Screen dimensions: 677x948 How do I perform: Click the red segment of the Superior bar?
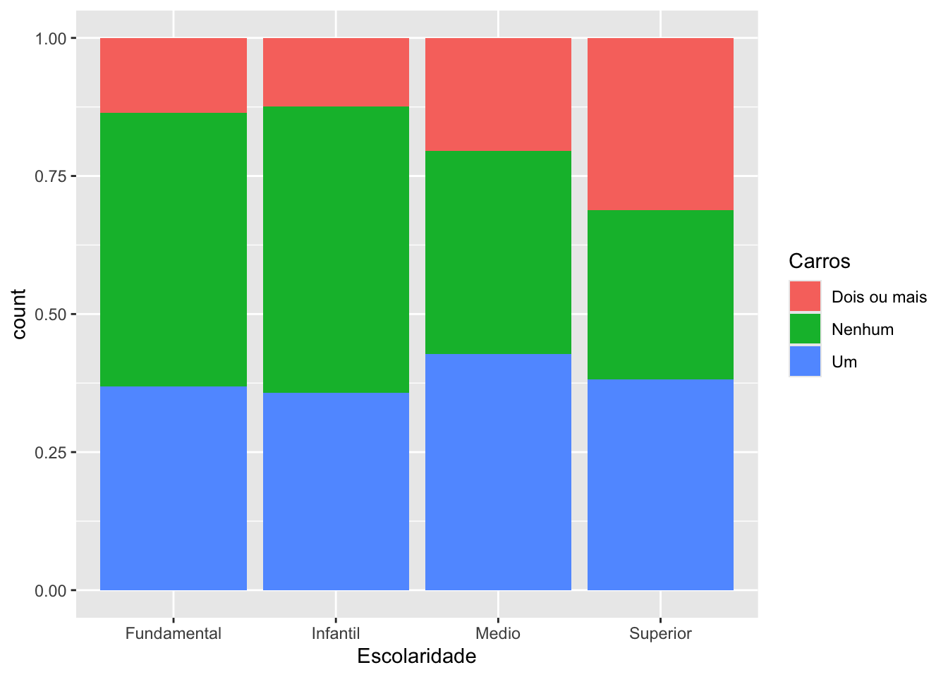[x=660, y=123]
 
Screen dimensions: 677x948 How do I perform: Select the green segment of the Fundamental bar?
[x=174, y=249]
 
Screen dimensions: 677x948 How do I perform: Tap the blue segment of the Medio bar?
[x=498, y=471]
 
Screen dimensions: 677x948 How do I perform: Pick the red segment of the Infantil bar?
[x=336, y=72]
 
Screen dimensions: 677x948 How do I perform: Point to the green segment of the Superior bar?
[x=660, y=294]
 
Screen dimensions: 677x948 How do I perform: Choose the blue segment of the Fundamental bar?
[x=174, y=488]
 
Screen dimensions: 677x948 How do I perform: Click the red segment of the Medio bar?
[x=498, y=94]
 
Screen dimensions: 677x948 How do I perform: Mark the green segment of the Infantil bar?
[x=336, y=250]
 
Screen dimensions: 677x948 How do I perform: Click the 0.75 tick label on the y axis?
[x=51, y=176]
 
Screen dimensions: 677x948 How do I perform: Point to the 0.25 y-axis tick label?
[x=51, y=452]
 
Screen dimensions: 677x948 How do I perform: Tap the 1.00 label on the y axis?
[x=51, y=38]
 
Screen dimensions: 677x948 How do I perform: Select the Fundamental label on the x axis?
[x=174, y=633]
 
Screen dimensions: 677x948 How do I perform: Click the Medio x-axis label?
[x=498, y=633]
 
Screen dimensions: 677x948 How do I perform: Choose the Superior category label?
[x=660, y=633]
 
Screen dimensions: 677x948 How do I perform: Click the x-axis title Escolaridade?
[x=416, y=657]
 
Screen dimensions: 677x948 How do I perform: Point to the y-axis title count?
[x=19, y=314]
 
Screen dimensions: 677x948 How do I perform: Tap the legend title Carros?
[x=819, y=261]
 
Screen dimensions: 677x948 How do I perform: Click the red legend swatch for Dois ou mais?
[x=805, y=296]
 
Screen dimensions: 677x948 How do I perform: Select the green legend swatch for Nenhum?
[x=805, y=329]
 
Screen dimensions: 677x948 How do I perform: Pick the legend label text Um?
[x=844, y=362]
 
